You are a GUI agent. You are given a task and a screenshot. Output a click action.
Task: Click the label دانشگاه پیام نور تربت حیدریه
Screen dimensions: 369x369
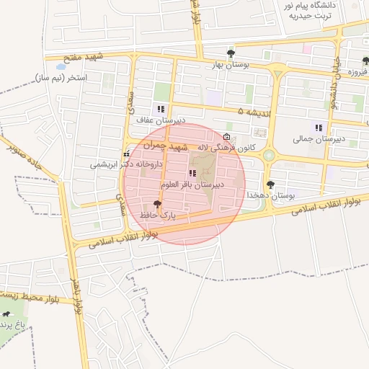click(x=312, y=11)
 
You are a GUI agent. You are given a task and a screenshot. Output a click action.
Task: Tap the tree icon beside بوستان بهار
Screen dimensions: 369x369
click(x=231, y=53)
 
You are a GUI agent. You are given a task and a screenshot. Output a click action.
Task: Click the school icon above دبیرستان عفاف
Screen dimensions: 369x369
click(x=160, y=109)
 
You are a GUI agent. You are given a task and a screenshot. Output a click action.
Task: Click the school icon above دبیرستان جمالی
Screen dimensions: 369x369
click(x=319, y=128)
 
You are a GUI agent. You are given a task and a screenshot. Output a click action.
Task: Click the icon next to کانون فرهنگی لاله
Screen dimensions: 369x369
click(x=228, y=137)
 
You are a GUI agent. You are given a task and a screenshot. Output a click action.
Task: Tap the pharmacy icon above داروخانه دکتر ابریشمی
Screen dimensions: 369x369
click(x=127, y=154)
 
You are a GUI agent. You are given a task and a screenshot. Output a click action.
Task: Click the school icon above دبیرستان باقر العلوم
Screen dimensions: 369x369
click(x=192, y=173)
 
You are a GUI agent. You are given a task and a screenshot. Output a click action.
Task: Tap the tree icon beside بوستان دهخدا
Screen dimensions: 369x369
click(x=271, y=185)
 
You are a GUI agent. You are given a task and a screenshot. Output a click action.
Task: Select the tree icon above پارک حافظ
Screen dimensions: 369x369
click(x=158, y=205)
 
